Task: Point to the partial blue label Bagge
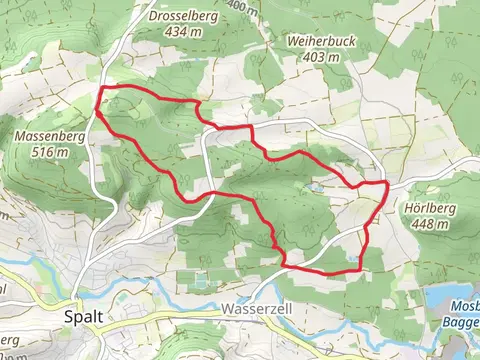[461, 322]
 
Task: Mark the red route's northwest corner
[101, 90]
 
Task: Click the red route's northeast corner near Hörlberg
[385, 184]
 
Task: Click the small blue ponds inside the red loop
[316, 187]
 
